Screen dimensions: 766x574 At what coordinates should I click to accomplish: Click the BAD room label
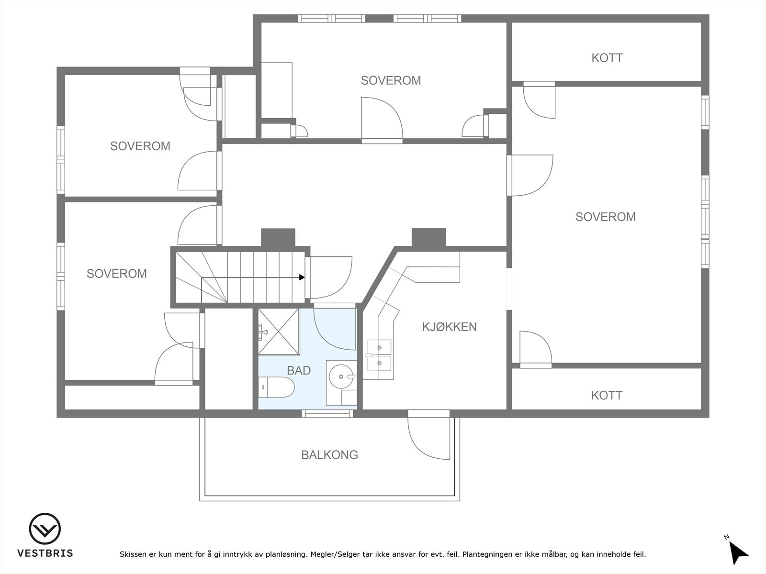pyautogui.click(x=299, y=370)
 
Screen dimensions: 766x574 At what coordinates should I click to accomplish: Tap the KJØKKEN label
pyautogui.click(x=449, y=327)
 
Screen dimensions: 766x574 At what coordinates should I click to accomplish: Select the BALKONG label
pyautogui.click(x=330, y=455)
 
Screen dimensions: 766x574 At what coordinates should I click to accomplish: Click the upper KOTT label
pyautogui.click(x=607, y=58)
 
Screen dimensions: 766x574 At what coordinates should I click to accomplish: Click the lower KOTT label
pyautogui.click(x=607, y=395)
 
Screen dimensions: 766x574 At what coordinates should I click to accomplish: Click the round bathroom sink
pyautogui.click(x=342, y=376)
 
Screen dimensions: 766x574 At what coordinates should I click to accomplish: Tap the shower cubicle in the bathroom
pyautogui.click(x=279, y=332)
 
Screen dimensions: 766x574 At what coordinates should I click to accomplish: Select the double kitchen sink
pyautogui.click(x=379, y=355)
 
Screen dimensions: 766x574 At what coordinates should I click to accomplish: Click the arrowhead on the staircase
pyautogui.click(x=302, y=277)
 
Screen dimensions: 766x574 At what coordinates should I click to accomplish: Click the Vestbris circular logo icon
pyautogui.click(x=45, y=529)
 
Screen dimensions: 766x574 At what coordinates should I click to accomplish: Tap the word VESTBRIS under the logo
pyautogui.click(x=45, y=553)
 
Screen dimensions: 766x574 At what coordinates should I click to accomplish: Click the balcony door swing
pyautogui.click(x=429, y=439)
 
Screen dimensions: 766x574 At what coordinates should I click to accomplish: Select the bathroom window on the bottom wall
pyautogui.click(x=327, y=414)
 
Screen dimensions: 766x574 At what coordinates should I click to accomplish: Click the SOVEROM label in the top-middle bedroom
pyautogui.click(x=391, y=80)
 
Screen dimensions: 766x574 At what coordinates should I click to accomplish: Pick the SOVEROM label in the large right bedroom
pyautogui.click(x=606, y=217)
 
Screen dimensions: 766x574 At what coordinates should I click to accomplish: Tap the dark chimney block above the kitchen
pyautogui.click(x=428, y=238)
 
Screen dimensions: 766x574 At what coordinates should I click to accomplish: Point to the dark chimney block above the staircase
pyautogui.click(x=278, y=238)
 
